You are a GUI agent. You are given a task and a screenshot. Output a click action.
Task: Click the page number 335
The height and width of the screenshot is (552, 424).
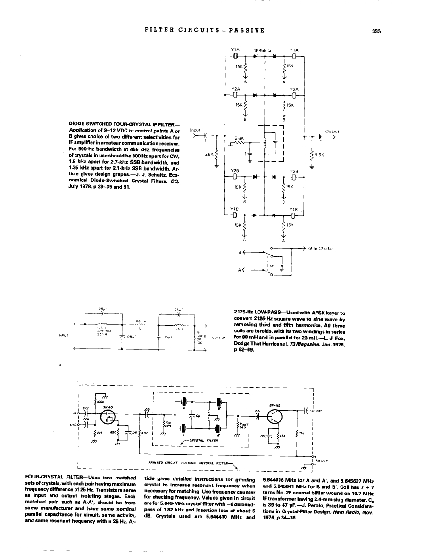[376, 32]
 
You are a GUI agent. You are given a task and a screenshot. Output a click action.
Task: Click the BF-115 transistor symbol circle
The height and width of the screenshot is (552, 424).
[276, 415]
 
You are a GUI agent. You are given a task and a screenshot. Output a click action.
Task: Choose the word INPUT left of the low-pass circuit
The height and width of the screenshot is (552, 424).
[63, 336]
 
